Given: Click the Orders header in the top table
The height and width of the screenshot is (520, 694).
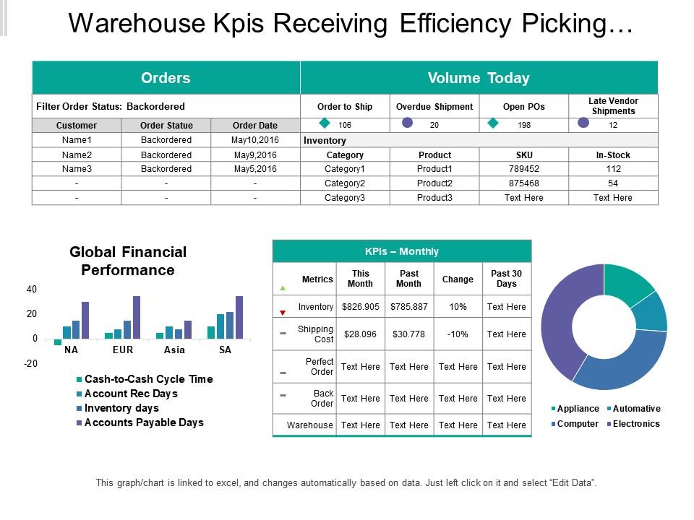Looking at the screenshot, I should pos(166,78).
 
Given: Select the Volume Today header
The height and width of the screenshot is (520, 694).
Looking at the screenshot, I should pos(479,78).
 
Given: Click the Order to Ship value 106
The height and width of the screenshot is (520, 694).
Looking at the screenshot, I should pos(345,125).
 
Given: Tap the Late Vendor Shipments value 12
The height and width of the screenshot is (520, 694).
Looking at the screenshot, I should pos(613,125).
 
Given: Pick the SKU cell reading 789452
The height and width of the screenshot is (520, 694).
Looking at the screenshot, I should pos(523,169).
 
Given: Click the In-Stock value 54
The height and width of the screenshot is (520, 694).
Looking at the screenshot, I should pos(613,183).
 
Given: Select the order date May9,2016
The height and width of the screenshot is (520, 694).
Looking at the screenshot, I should pos(255,155).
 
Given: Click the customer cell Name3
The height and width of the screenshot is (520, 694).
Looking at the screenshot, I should pos(76,169).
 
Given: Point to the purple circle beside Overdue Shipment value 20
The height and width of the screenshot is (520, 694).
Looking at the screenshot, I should pos(408,123).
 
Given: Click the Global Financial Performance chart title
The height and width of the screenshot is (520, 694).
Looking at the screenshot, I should pos(128,261).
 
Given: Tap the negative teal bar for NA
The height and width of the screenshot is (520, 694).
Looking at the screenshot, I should pos(58,342).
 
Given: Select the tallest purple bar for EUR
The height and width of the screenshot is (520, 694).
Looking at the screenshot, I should pos(137,317).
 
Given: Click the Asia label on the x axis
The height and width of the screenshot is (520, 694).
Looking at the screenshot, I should pos(174,350).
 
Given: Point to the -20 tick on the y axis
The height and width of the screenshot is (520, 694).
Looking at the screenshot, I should pos(30,363).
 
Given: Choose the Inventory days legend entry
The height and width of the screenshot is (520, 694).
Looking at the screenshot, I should pos(121,408).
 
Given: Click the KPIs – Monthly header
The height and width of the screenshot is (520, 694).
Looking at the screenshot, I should pos(401,251).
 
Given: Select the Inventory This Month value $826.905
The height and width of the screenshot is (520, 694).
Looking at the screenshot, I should pos(360,307).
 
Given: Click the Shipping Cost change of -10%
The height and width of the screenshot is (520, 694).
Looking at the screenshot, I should pos(458,334).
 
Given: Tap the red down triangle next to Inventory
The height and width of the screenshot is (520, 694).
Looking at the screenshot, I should pos(283,312).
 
